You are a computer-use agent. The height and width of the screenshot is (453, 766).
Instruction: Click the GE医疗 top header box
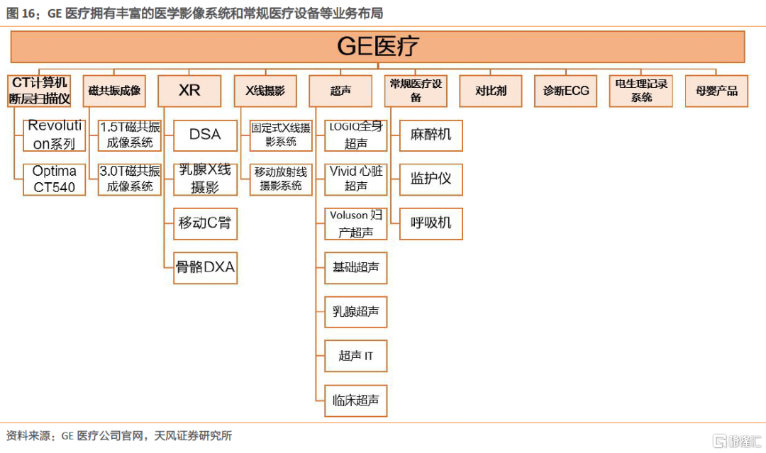(377, 47)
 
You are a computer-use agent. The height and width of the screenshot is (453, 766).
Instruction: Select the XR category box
(189, 91)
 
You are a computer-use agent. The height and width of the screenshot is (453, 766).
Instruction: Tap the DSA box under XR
(205, 135)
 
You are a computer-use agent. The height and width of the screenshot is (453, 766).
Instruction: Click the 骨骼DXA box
(205, 267)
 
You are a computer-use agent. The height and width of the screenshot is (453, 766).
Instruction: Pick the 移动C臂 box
(205, 223)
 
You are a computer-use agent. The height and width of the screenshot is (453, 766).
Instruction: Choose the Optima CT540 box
(54, 179)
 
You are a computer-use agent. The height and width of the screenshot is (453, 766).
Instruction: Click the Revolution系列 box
(54, 135)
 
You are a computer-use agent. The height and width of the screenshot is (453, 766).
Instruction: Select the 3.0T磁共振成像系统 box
(130, 179)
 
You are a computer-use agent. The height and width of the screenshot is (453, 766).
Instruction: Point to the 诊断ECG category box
(566, 91)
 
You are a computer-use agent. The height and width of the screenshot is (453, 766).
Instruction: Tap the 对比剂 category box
(491, 91)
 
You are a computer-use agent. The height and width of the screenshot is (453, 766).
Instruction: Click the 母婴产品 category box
(716, 91)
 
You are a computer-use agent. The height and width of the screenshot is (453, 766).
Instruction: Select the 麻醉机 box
(431, 135)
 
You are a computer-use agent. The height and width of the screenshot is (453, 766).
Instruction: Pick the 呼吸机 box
(431, 223)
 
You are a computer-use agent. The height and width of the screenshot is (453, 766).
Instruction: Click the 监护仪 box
(431, 179)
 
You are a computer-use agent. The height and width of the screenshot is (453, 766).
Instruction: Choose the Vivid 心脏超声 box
(355, 179)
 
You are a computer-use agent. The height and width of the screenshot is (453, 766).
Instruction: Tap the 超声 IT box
(355, 356)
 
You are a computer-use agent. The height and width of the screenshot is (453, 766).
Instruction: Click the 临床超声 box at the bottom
(355, 401)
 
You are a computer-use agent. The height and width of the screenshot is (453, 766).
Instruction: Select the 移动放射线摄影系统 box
(281, 179)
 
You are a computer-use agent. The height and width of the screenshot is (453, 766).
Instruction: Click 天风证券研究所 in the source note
(193, 435)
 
